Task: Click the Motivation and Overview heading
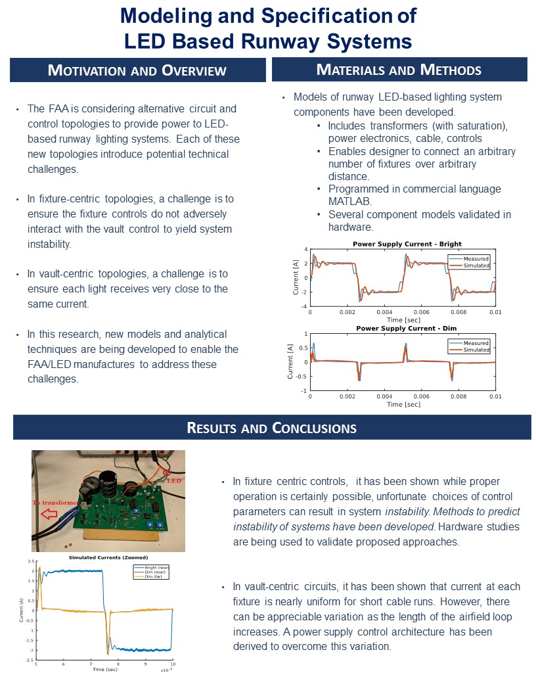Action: click(x=137, y=70)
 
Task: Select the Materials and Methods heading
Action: click(x=399, y=70)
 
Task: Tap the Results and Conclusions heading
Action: click(x=272, y=428)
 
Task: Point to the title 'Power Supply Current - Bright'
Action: click(x=407, y=244)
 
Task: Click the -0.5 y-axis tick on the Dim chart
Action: click(x=301, y=377)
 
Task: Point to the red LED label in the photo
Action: click(x=175, y=480)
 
